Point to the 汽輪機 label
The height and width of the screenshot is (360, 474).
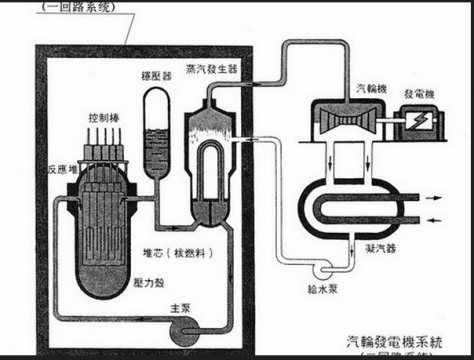coord(342,90)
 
